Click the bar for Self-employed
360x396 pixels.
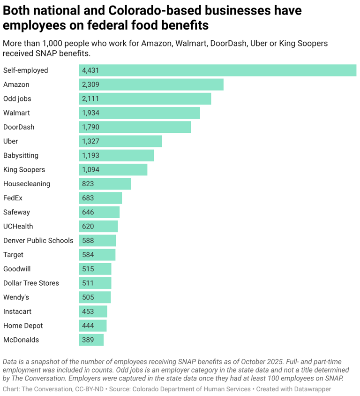[217, 70]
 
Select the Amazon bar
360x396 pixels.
[151, 84]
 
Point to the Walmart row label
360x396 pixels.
[16, 113]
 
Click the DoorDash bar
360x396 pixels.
[135, 127]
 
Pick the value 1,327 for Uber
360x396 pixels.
[90, 141]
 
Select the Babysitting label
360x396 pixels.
[21, 155]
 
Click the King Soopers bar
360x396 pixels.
[113, 170]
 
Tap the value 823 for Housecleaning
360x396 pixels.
[88, 184]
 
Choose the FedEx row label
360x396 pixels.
[13, 198]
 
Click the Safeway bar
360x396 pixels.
[99, 212]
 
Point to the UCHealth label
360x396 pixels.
[18, 226]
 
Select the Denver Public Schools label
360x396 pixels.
[38, 241]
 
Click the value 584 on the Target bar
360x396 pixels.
[88, 255]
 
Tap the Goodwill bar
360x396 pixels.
[95, 269]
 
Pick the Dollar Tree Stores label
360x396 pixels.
[31, 283]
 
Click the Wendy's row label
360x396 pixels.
[16, 297]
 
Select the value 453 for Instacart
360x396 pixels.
[88, 312]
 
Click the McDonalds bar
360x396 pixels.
[91, 340]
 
